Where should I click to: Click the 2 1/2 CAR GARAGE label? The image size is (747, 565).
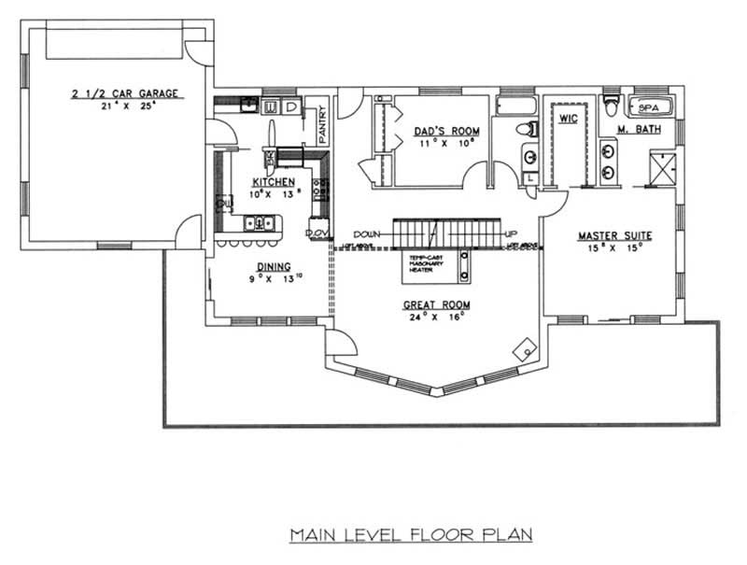point(124,93)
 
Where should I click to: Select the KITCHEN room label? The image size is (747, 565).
point(274,181)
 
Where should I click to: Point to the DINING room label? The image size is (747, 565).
point(261,265)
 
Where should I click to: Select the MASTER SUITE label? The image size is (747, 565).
point(614,235)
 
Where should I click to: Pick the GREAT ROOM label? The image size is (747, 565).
point(436,304)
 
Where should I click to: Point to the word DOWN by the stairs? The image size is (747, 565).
point(367,234)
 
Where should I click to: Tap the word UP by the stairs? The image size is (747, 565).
point(510,234)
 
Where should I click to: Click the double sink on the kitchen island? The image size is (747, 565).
point(258,223)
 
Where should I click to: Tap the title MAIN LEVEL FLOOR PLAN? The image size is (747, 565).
point(410,535)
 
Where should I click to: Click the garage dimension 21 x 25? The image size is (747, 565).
point(125,106)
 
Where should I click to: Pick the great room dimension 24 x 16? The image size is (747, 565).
point(436,318)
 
